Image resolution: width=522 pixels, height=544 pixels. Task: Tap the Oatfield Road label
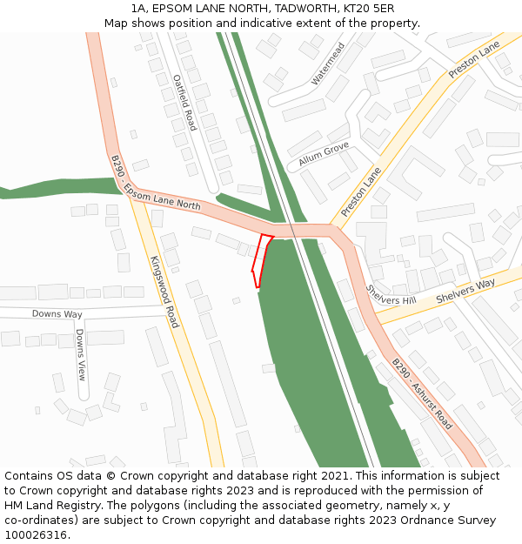184,103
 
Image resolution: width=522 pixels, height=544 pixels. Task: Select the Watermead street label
329,64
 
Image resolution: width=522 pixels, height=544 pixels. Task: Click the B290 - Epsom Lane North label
156,184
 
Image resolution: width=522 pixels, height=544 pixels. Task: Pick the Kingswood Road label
164,292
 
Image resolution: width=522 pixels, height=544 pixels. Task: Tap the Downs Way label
57,313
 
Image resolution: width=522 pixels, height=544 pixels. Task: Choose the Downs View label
80,354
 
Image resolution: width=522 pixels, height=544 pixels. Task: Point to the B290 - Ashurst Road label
421,393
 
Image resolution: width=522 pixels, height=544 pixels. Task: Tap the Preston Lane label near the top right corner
474,59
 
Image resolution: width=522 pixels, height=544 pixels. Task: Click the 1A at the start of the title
138,9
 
